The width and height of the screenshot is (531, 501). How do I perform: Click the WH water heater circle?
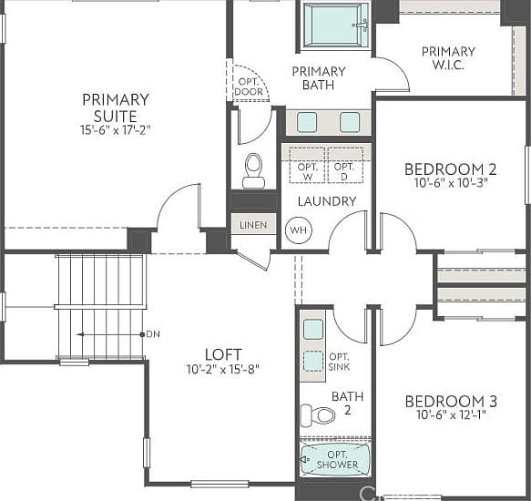[299, 230]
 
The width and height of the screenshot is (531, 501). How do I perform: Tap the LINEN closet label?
[253, 225]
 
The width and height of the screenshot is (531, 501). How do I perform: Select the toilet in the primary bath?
[253, 170]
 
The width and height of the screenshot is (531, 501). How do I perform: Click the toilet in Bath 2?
[318, 415]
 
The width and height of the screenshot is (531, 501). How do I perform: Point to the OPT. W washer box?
[308, 165]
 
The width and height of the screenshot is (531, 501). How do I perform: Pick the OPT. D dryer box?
[346, 165]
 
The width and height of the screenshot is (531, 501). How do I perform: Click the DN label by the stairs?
[153, 334]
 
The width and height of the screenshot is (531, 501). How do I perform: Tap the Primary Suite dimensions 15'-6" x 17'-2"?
[115, 130]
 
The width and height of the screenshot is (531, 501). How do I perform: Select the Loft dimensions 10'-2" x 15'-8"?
[223, 369]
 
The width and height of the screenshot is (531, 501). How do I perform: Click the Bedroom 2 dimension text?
[451, 183]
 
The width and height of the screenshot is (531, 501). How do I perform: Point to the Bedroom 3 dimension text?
[451, 414]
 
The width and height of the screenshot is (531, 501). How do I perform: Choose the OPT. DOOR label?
[250, 87]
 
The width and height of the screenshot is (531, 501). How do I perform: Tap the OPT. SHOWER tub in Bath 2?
[335, 460]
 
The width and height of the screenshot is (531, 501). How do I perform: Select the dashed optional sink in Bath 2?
[313, 362]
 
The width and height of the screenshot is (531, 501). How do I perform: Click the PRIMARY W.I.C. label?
[448, 58]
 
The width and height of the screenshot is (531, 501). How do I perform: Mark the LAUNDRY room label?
[327, 201]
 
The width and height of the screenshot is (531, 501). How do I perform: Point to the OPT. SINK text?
[340, 362]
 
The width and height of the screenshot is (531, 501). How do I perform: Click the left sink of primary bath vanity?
[307, 122]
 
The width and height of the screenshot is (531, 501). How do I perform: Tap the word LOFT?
[223, 354]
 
